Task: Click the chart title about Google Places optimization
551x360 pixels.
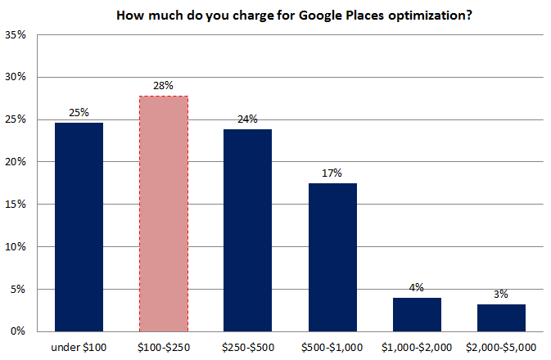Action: tap(294, 15)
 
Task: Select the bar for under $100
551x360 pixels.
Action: tap(79, 227)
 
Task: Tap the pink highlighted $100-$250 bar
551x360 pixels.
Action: tap(164, 214)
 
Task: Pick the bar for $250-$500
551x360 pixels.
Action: tap(248, 230)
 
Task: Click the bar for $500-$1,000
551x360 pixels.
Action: tap(332, 257)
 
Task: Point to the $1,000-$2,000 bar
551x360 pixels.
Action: tap(417, 314)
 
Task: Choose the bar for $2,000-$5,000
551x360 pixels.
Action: tap(501, 317)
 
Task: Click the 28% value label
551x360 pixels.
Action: tap(164, 85)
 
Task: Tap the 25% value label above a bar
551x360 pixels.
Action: tap(79, 112)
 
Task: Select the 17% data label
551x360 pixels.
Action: tap(332, 173)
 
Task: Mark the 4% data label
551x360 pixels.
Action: tap(417, 287)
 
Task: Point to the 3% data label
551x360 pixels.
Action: tap(501, 294)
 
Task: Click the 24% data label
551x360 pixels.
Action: tap(248, 119)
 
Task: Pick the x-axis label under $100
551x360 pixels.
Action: tap(79, 346)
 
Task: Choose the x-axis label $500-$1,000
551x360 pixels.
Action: tap(332, 346)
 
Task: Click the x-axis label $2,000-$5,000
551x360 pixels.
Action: tap(501, 346)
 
